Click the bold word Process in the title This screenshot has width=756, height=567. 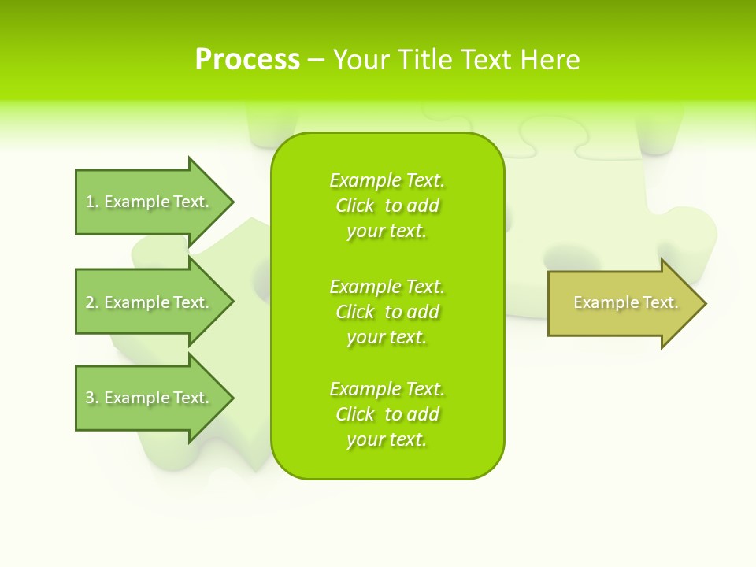click(x=247, y=60)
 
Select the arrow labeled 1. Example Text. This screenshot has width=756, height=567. click(x=150, y=202)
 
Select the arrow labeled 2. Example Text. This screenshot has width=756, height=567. click(x=150, y=302)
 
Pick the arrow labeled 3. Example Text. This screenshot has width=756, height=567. click(x=150, y=398)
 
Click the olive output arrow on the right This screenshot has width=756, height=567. click(x=622, y=303)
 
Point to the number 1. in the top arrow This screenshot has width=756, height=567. click(x=92, y=202)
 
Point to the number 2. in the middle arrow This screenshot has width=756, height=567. click(x=92, y=302)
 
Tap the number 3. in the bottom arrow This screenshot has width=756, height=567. click(x=92, y=398)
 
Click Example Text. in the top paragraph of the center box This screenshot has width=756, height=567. click(x=387, y=180)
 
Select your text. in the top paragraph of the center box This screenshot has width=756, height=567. click(x=387, y=231)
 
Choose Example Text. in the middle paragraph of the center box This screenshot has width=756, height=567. click(x=387, y=286)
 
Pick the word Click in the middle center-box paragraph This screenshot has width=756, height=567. click(x=354, y=312)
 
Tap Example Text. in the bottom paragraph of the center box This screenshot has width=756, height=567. click(x=387, y=389)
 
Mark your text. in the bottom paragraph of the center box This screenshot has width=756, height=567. click(x=387, y=439)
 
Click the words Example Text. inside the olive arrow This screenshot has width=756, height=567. click(x=626, y=302)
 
